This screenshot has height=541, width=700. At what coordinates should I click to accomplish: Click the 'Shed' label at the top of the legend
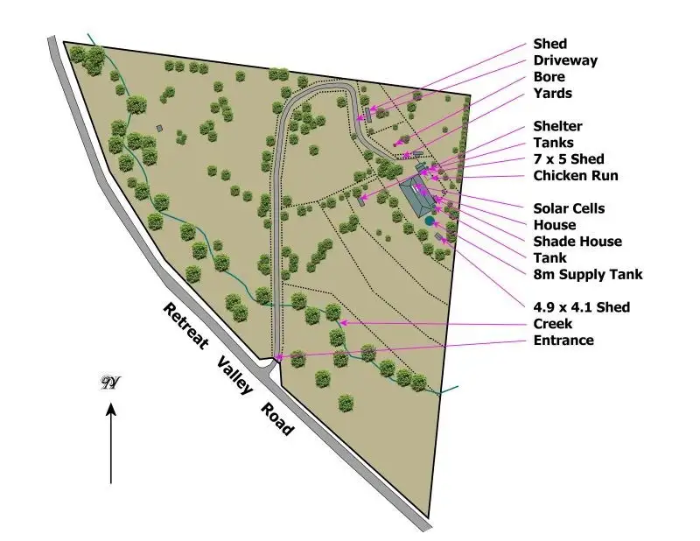point(549,44)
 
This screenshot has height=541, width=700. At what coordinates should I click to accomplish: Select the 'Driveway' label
point(565,60)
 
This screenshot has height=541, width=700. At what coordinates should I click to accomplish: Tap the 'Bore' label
point(549,77)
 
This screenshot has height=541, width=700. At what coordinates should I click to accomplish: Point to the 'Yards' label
point(552,94)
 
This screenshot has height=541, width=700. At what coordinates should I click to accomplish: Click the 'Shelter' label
point(557,126)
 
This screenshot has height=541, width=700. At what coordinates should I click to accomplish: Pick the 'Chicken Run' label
point(576,176)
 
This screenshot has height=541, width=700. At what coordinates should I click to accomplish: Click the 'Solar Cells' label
point(569,208)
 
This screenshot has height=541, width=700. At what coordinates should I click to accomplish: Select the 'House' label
point(555,225)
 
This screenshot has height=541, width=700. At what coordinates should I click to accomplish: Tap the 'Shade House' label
point(577,242)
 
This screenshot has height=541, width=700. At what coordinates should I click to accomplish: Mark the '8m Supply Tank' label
point(588,275)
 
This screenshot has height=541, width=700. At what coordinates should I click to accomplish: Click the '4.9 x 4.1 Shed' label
point(582,307)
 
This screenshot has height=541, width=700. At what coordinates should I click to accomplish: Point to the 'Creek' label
point(553,324)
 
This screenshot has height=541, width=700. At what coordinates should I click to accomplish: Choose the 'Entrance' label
point(563,341)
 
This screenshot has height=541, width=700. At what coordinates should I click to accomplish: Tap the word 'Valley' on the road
point(232,372)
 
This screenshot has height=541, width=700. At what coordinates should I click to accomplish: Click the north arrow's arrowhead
point(111,408)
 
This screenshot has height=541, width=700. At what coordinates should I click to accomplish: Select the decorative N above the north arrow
point(110,383)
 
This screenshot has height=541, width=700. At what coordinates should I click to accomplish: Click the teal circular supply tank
point(429,221)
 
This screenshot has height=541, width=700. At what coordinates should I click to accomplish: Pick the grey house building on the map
point(415,195)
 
